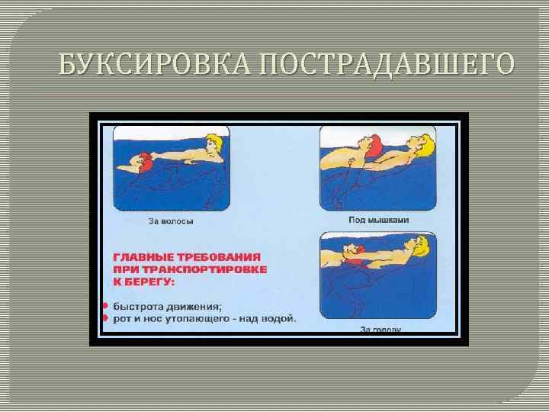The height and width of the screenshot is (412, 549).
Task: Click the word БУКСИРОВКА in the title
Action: (156, 65)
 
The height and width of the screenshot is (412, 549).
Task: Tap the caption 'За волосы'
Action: (171, 222)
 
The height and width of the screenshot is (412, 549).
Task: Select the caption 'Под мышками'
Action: (379, 220)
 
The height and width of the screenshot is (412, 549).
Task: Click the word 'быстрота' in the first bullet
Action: (137, 306)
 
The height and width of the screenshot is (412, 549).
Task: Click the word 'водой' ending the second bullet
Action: (279, 318)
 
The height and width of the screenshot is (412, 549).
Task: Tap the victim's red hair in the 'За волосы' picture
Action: (143, 161)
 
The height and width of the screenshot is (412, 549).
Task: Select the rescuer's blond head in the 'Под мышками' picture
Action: (422, 143)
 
